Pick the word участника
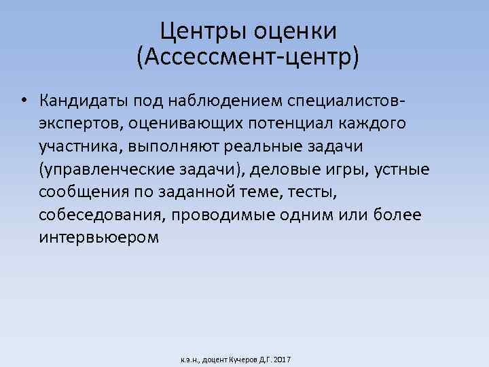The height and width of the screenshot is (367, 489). pyautogui.click(x=77, y=147)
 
